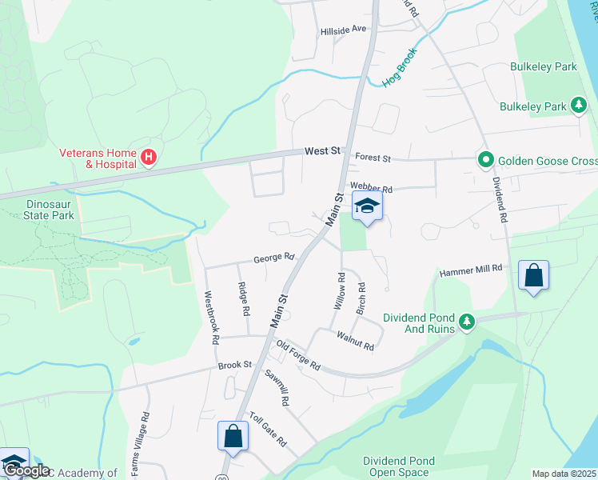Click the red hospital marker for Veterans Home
(x=148, y=158)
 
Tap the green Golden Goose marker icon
(x=484, y=159)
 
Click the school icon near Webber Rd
(x=367, y=206)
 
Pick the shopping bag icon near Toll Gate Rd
(x=233, y=437)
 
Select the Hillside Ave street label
(x=343, y=29)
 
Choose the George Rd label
(x=274, y=258)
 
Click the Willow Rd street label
(x=339, y=292)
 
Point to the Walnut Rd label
(x=355, y=341)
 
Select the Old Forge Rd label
(x=297, y=355)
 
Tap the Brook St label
(x=235, y=365)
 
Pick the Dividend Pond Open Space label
(x=399, y=466)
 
